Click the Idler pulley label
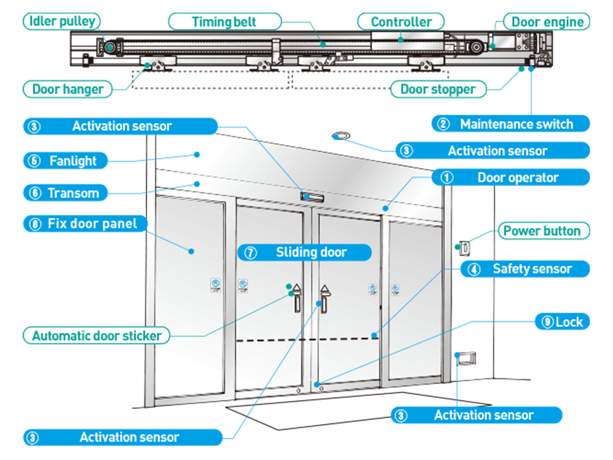[x=62, y=21]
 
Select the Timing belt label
[x=225, y=22]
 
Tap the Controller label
[x=401, y=22]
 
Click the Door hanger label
[x=68, y=90]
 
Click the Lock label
[x=563, y=322]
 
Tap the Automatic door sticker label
[x=96, y=336]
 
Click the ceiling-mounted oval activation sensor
[x=341, y=135]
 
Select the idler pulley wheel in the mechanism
[x=109, y=47]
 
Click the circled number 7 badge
[x=251, y=253]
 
